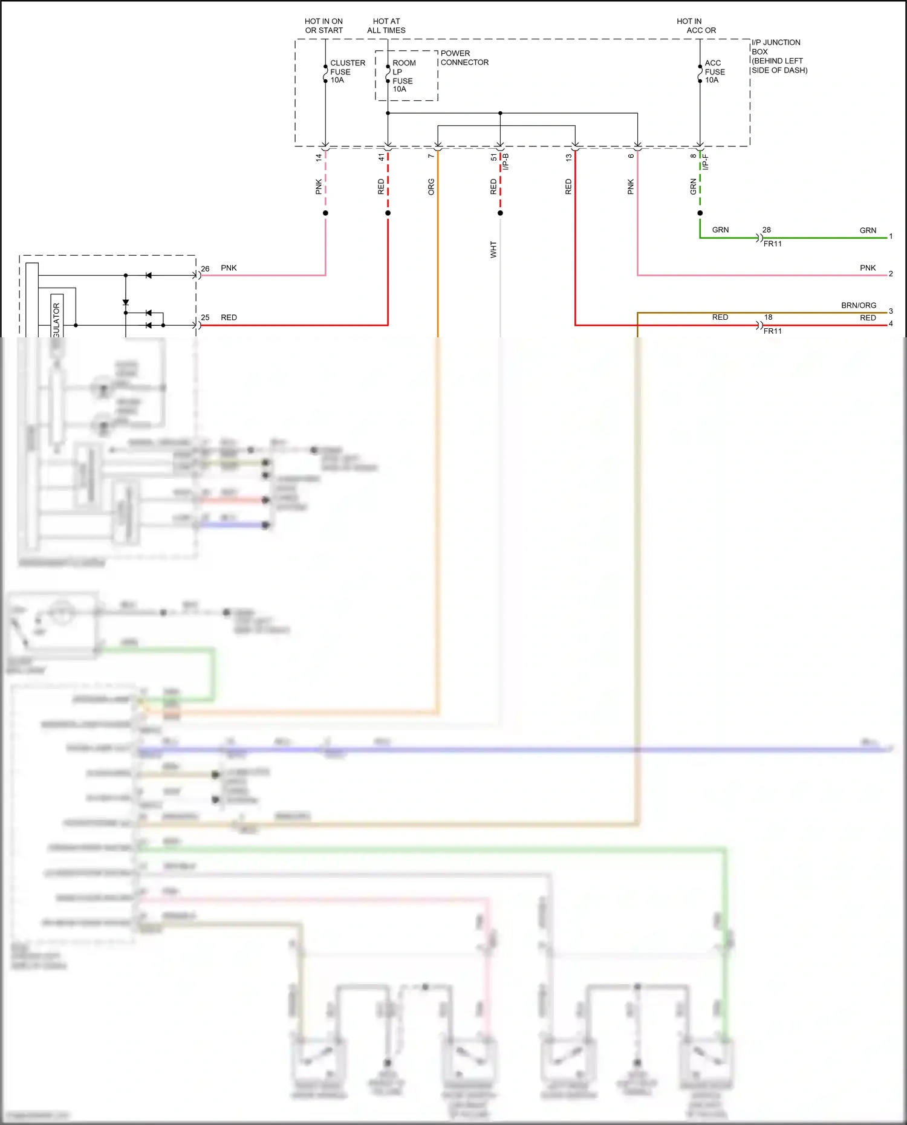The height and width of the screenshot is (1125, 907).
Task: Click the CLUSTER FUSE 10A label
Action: point(347,71)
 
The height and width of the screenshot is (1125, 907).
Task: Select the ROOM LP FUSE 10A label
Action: point(403,76)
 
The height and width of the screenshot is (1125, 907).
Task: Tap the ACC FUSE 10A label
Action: point(714,71)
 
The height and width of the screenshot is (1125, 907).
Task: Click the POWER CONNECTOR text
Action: point(464,57)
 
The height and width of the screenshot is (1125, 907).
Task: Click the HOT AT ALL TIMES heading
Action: point(386,25)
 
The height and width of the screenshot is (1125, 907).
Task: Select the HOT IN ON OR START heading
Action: point(323,25)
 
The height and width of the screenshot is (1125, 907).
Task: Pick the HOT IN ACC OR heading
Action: point(695,25)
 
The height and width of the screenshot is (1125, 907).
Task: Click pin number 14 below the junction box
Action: point(319,157)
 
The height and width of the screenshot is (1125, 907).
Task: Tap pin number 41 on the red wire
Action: point(381,157)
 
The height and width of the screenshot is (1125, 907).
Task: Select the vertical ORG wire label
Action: point(431,186)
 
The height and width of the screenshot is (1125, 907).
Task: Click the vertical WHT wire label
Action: point(493,250)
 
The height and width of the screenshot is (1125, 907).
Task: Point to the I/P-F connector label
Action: point(706,161)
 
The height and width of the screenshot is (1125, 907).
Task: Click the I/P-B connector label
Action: point(507,161)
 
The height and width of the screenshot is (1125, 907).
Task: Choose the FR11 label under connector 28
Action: point(772,244)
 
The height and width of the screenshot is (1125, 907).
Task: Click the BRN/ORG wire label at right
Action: point(858,305)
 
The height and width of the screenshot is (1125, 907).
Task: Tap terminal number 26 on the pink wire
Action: point(205,268)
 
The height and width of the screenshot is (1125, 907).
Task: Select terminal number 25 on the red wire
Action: point(205,317)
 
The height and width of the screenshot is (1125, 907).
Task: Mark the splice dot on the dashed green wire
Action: point(700,213)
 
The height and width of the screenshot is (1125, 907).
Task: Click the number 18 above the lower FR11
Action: point(768,317)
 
